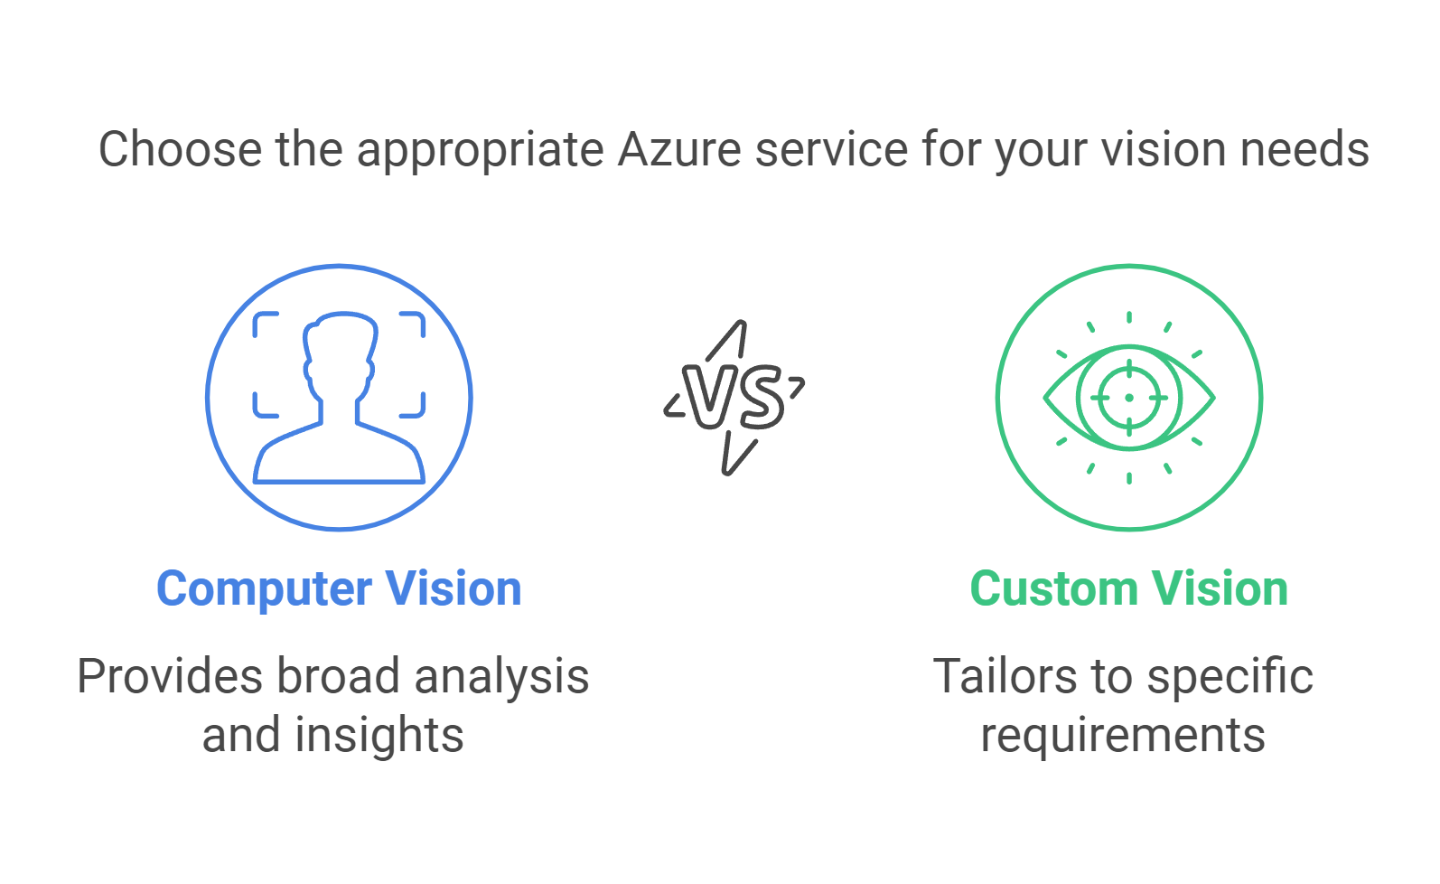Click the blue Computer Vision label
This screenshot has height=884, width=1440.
coord(339,589)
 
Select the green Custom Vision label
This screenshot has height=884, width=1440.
coord(1128,589)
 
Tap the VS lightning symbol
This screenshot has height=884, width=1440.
coord(734,398)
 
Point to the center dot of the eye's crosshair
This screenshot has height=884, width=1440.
coord(1129,398)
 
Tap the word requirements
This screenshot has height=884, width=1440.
coord(1123,735)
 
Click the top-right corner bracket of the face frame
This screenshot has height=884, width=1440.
coord(414,323)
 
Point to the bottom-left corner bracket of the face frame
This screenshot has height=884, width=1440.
coord(264,407)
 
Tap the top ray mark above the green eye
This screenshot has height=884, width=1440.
coord(1129,317)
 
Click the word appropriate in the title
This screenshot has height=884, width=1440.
coord(481,151)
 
